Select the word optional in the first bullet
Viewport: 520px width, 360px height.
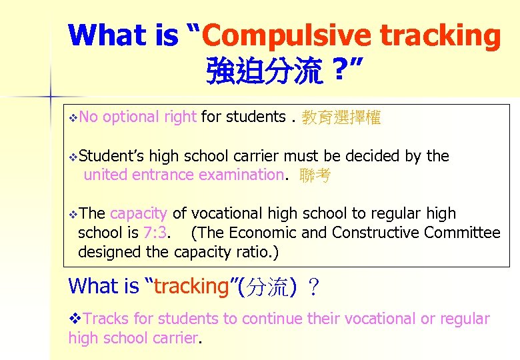pyautogui.click(x=131, y=117)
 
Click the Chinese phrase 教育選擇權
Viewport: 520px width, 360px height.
pyautogui.click(x=341, y=118)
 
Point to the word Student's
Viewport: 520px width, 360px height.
pyautogui.click(x=111, y=156)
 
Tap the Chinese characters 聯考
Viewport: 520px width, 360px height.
pyautogui.click(x=315, y=176)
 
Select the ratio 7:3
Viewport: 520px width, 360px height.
pyautogui.click(x=157, y=233)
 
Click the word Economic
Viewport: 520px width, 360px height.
pyautogui.click(x=263, y=233)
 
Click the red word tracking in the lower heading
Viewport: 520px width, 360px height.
pyautogui.click(x=191, y=287)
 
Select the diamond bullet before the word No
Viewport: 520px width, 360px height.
pyautogui.click(x=73, y=118)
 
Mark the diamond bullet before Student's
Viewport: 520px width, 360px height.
pyautogui.click(x=73, y=157)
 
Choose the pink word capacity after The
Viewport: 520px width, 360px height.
pyautogui.click(x=139, y=214)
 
